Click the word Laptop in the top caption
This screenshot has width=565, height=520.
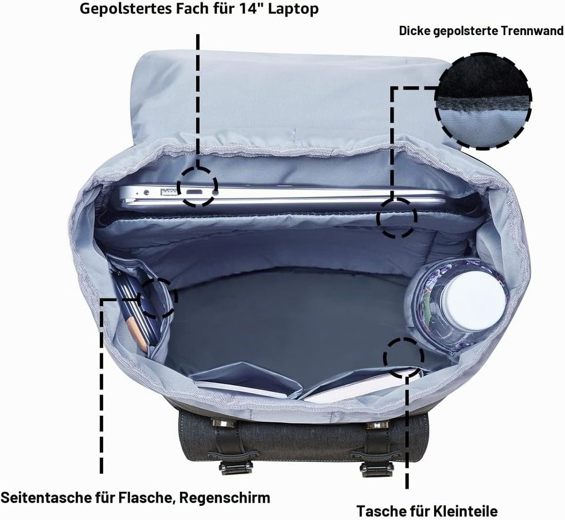293,9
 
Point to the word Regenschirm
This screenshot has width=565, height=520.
225,498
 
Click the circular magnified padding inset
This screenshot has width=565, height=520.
483,101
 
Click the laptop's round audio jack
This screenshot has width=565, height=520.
146,193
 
